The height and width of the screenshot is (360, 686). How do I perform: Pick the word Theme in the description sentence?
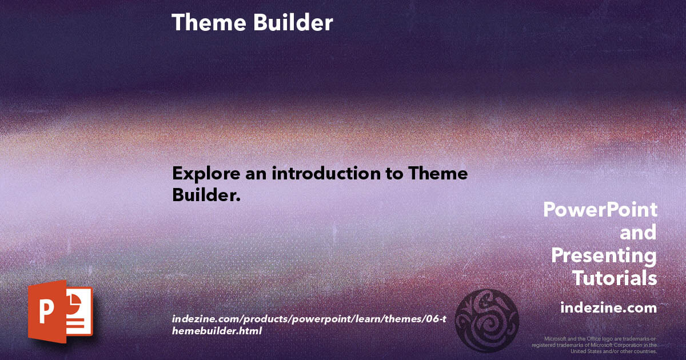(437, 174)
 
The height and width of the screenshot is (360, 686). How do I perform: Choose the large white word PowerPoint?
(600, 210)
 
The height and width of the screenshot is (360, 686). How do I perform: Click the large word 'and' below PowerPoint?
(638, 233)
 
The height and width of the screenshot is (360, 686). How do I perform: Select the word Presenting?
(604, 255)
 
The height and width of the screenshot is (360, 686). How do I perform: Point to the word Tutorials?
(615, 278)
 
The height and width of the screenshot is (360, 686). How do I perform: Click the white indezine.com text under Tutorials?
(608, 308)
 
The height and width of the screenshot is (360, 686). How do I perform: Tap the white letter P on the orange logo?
(46, 313)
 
